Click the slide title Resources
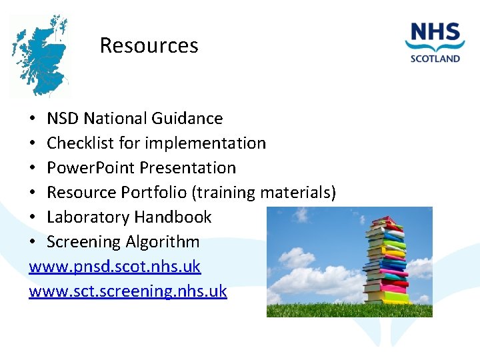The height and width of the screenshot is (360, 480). click(149, 45)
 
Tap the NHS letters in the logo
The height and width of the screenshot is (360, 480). click(435, 33)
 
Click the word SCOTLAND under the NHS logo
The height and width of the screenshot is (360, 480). click(435, 58)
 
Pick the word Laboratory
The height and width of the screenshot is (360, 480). click(89, 217)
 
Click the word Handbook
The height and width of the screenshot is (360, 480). click(173, 217)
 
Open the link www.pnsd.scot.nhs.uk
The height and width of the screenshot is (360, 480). click(115, 267)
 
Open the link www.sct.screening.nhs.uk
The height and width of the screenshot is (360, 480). click(128, 291)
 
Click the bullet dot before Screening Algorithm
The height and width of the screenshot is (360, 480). click(33, 242)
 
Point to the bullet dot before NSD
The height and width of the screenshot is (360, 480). click(33, 119)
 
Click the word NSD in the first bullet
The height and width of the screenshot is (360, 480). click(63, 119)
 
